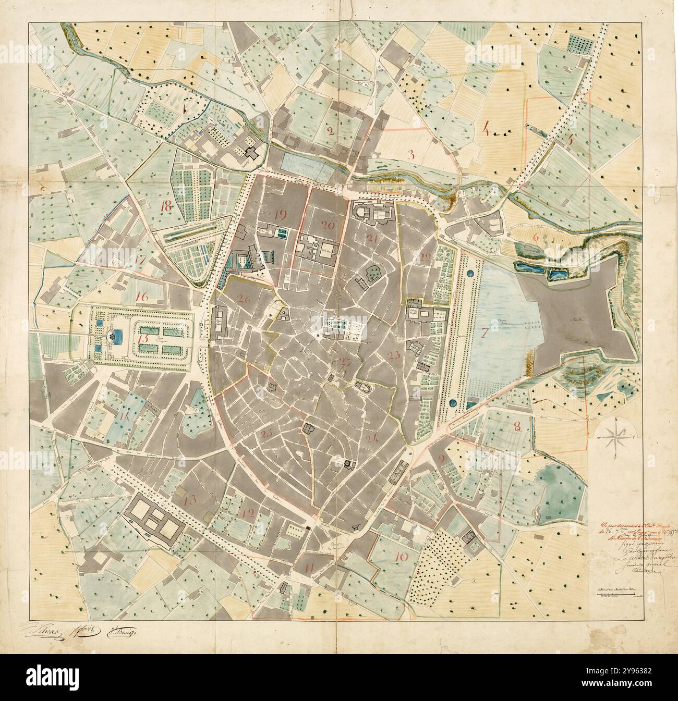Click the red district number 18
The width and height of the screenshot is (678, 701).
pyautogui.click(x=166, y=205)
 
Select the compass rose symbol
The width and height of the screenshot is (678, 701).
pyautogui.click(x=615, y=434)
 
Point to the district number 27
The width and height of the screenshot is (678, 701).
pyautogui.click(x=344, y=363)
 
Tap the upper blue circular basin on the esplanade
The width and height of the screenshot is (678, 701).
pyautogui.click(x=471, y=273)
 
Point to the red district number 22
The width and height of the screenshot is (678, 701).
pyautogui.click(x=426, y=257)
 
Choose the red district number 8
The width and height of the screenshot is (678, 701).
pyautogui.click(x=517, y=426)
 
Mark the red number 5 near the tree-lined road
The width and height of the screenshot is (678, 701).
pyautogui.click(x=570, y=139)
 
